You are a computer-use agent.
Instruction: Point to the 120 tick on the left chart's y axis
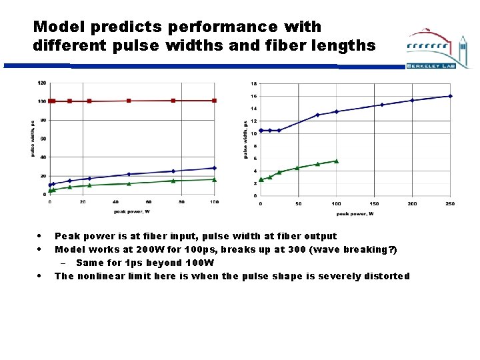point(41,83)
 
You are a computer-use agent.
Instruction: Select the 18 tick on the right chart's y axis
point(253,84)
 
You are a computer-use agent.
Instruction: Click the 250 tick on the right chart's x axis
point(450,203)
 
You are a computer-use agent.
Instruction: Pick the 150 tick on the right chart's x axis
point(374,203)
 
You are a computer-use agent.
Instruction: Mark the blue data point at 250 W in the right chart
point(450,96)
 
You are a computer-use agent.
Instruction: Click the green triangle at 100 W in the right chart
point(337,161)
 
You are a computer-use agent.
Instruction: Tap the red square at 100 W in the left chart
point(214,101)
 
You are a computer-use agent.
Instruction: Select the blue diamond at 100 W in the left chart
point(214,168)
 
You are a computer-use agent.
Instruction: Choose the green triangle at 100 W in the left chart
point(214,179)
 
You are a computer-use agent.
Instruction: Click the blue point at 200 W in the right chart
point(412,100)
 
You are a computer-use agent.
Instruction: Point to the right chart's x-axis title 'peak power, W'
point(355,213)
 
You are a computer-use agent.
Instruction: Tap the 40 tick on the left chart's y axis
point(43,157)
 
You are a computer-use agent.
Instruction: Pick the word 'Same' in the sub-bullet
point(90,263)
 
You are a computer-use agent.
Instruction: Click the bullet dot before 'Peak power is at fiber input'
point(41,235)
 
